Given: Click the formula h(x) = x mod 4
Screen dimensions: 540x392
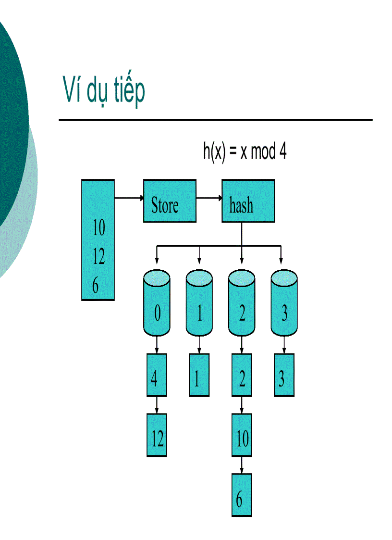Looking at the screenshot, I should [245, 152].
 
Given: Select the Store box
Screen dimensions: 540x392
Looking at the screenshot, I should [170, 201].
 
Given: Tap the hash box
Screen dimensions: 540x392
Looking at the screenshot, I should [248, 201].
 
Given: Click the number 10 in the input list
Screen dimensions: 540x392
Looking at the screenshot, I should [98, 228].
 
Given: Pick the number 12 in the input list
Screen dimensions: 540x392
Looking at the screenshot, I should [98, 257].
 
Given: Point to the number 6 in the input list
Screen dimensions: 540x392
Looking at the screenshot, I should [96, 286].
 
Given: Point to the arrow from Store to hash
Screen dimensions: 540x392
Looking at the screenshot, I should [209, 198].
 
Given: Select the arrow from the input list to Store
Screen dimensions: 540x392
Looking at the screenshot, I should [129, 198].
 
